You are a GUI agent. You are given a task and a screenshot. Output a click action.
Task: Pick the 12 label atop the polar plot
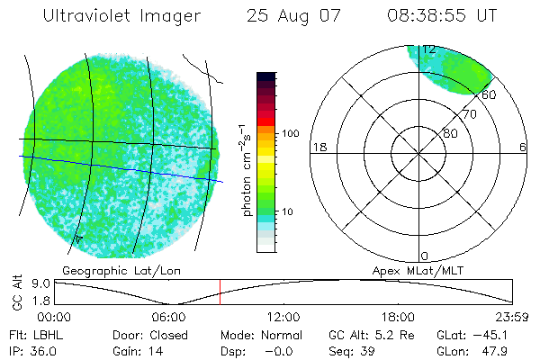click(428, 49)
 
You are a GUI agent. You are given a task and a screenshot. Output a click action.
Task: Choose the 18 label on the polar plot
click(318, 147)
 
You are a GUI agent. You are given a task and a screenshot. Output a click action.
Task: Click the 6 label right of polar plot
click(523, 147)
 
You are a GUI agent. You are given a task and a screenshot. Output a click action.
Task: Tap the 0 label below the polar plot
click(425, 256)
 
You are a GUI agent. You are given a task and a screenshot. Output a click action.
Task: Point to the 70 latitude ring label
click(469, 115)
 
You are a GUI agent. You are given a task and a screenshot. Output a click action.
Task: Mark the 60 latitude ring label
click(490, 94)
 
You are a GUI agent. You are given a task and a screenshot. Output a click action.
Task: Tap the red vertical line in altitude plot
click(220, 292)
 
